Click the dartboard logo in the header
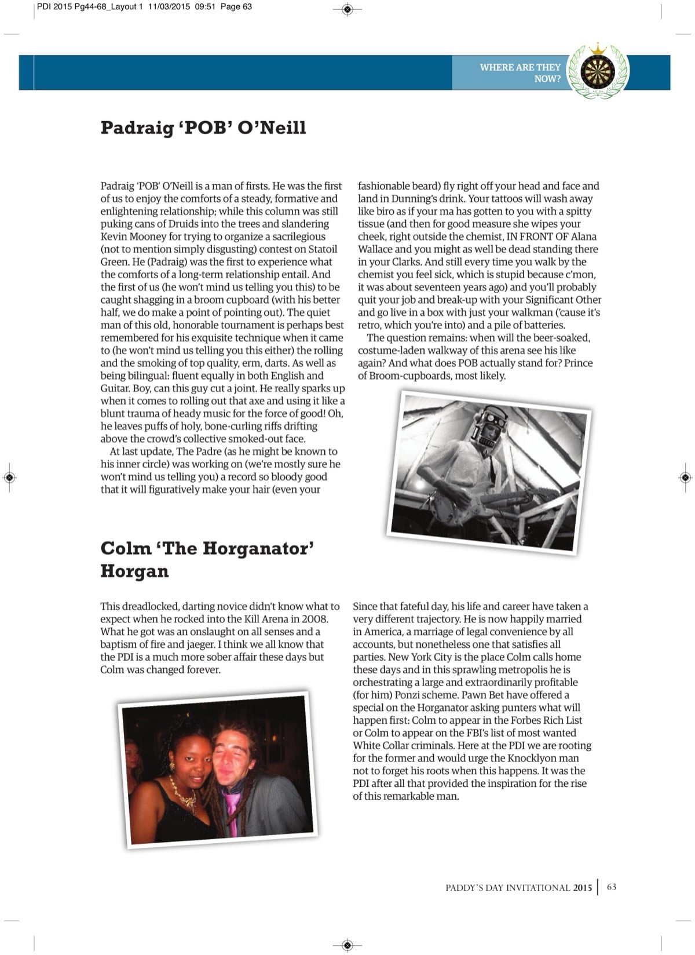pyautogui.click(x=598, y=72)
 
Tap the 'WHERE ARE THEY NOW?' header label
pyautogui.click(x=520, y=72)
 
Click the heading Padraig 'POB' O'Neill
pyautogui.click(x=203, y=127)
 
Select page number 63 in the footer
pyautogui.click(x=612, y=887)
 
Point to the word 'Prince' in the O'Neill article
pyautogui.click(x=577, y=363)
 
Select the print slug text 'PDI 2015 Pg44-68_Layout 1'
pyautogui.click(x=90, y=7)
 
